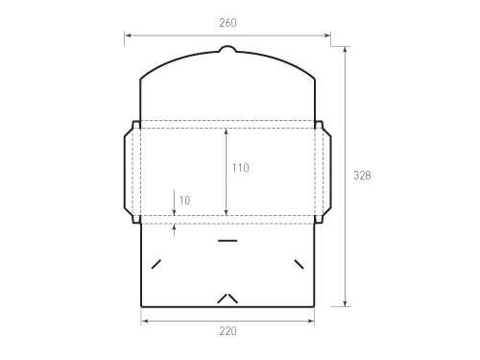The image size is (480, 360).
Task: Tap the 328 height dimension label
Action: tap(362, 176)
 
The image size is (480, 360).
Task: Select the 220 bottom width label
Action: tap(227, 331)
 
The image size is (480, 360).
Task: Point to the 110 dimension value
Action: tap(240, 168)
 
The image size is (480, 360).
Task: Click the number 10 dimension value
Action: tap(184, 201)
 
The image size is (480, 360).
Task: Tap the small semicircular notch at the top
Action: tap(227, 49)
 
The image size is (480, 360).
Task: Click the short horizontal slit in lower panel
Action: tap(227, 240)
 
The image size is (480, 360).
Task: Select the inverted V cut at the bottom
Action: tap(227, 298)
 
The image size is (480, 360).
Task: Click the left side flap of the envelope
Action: tap(132, 171)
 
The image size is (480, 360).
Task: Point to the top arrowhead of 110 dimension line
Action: tap(226, 132)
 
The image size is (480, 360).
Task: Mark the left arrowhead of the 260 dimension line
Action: tap(127, 36)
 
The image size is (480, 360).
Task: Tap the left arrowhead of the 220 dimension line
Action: tap(144, 320)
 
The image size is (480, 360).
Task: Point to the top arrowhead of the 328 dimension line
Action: tap(346, 48)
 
